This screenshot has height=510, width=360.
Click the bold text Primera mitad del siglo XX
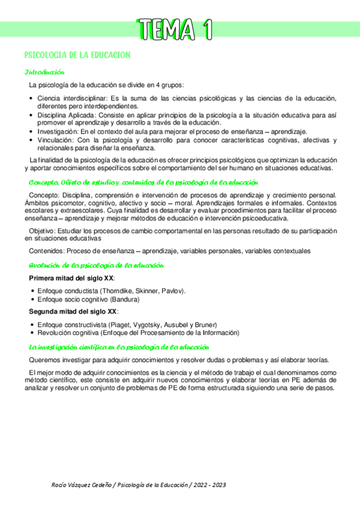(72, 278)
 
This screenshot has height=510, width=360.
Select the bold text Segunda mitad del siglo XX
(73, 311)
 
